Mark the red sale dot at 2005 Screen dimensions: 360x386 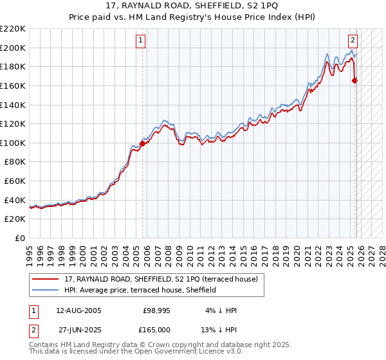pos(142,143)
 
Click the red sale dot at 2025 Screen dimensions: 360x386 pos(354,80)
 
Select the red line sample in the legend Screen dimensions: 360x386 pos(46,279)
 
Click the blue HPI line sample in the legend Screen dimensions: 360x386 pos(46,290)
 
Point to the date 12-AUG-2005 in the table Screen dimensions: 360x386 pos(78,310)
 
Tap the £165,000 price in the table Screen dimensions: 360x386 pos(156,330)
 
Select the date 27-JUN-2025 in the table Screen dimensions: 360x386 pos(78,330)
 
